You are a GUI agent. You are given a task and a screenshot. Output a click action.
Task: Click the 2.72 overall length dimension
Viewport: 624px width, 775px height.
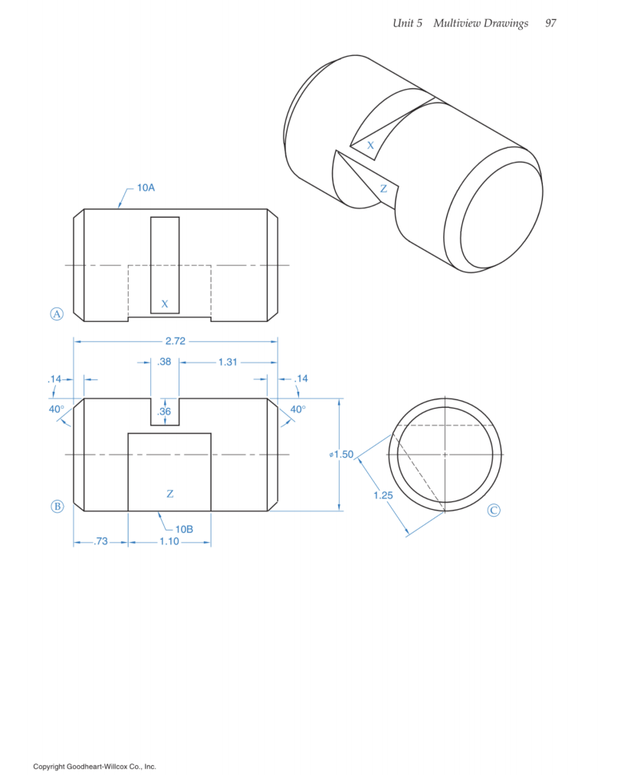(176, 342)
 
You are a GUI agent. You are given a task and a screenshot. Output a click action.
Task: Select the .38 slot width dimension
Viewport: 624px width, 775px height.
(164, 363)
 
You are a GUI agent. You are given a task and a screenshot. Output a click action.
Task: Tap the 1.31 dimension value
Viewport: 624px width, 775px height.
(228, 363)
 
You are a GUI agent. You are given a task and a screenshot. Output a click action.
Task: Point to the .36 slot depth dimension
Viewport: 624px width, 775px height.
(164, 412)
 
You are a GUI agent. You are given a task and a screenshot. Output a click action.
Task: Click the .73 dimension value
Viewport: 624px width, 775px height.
(100, 542)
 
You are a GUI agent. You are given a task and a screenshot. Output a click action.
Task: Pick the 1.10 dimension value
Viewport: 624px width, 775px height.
(169, 542)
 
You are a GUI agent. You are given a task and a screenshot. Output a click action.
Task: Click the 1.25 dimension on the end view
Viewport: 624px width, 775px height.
(383, 495)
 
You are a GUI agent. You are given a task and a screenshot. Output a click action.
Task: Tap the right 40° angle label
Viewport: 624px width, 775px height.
(297, 409)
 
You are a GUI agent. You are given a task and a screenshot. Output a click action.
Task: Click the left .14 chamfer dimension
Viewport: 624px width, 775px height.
(54, 379)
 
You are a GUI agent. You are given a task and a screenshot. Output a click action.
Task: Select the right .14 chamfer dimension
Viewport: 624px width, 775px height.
(301, 379)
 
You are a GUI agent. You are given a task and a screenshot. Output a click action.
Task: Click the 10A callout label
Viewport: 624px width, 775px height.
(146, 187)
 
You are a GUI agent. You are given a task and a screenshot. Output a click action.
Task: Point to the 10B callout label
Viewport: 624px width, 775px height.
(183, 529)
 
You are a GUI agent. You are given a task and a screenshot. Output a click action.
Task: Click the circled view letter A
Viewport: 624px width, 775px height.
(56, 313)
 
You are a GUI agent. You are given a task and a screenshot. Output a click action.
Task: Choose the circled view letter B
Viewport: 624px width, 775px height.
(56, 506)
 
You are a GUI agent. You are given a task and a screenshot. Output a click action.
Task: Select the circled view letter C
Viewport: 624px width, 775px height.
(494, 510)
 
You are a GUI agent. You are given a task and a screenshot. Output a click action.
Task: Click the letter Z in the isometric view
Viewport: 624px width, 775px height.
(383, 189)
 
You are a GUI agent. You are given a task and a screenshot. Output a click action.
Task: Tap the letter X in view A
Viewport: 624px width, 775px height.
(164, 304)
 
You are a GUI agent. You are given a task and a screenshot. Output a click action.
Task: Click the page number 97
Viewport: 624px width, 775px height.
(550, 24)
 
